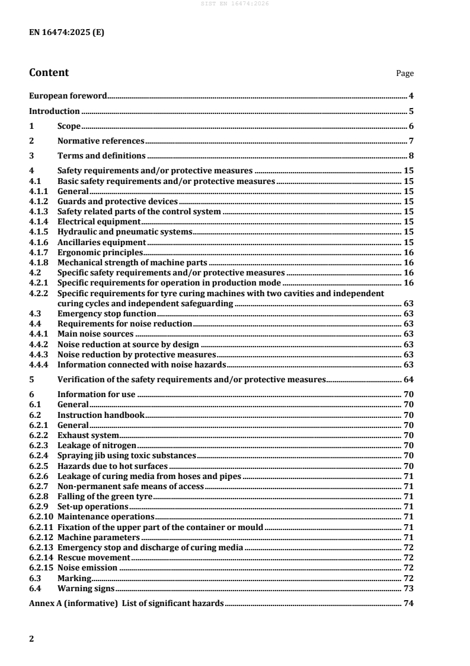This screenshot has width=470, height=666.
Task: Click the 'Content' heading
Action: tap(49, 73)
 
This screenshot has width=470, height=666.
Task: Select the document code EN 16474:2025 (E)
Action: tap(67, 33)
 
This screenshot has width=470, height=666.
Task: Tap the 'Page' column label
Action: tap(405, 74)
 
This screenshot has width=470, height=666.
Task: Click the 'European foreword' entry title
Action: tap(68, 96)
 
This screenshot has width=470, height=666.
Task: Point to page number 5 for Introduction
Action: tap(411, 111)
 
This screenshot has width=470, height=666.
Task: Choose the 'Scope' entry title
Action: tap(69, 126)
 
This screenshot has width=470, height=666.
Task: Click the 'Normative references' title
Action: tap(101, 141)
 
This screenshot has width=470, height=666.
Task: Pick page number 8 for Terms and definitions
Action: tap(411, 156)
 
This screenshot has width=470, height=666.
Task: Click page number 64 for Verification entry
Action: tap(409, 379)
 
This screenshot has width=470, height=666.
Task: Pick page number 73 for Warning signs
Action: tap(409, 589)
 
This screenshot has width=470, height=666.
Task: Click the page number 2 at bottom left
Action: tap(31, 639)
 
